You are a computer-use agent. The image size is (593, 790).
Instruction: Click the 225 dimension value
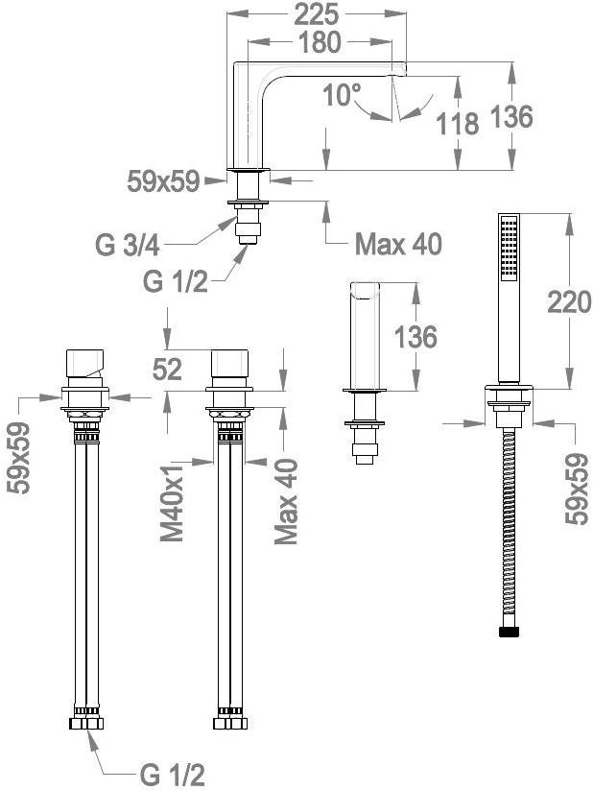[x=316, y=14]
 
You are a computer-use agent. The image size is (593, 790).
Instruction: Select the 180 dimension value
[x=320, y=42]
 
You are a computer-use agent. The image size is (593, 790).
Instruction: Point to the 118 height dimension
[x=457, y=124]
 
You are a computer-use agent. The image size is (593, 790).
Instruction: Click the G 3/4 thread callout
[x=128, y=246]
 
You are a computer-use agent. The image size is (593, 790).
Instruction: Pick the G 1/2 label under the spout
[x=175, y=281]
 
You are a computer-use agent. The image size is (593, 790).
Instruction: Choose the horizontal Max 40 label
[x=398, y=245]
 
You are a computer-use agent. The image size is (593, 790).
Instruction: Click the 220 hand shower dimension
[x=569, y=302]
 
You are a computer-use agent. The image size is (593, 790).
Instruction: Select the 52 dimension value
[x=167, y=371]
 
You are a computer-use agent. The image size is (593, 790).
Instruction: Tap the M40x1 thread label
[x=173, y=500]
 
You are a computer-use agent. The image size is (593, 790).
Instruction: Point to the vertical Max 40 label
[x=286, y=501]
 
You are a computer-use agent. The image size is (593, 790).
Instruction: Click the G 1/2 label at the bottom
[x=172, y=775]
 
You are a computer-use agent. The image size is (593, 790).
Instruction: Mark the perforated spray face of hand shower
[x=509, y=246]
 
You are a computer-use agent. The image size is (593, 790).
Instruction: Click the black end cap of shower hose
[x=509, y=632]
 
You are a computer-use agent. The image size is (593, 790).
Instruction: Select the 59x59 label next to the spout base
[x=163, y=181]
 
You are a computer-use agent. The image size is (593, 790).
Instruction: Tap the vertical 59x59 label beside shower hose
[x=577, y=489]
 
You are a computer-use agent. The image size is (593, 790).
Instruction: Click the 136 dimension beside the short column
[x=415, y=337]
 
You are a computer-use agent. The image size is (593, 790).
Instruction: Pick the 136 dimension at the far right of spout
[x=511, y=117]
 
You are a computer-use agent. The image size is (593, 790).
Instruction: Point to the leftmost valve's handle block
[x=84, y=363]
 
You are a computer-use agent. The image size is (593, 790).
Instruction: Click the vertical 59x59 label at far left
[x=19, y=458]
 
